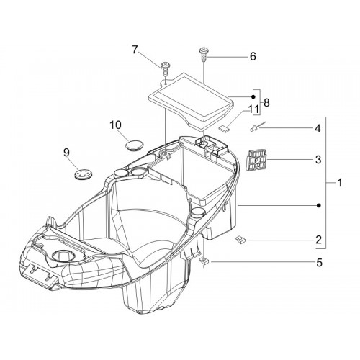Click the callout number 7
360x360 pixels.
tap(135, 50)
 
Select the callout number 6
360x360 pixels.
tap(253, 57)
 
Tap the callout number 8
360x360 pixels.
tap(266, 103)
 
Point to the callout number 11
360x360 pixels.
tap(253, 109)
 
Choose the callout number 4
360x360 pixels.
tap(318, 129)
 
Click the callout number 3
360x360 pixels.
tap(318, 159)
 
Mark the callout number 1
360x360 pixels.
tap(339, 183)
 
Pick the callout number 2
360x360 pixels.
tap(318, 240)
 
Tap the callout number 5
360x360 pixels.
tap(319, 263)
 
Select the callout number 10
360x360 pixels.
tap(116, 125)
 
